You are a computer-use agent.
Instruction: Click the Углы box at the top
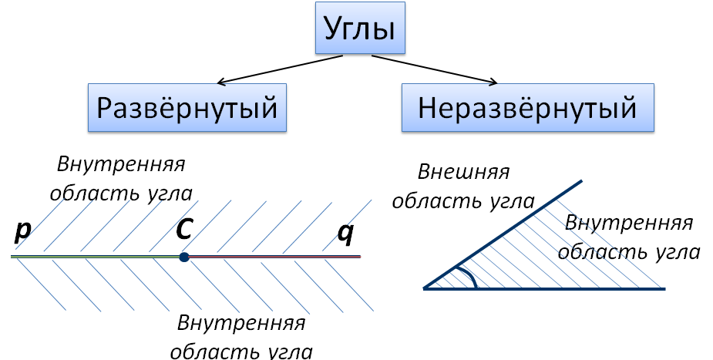coord(360,28)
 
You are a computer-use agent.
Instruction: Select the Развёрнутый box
coord(187,108)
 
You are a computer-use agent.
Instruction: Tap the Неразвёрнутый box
coord(527,108)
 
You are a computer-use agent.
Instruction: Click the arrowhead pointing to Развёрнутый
coord(220,82)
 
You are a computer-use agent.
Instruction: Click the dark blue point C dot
coord(183,257)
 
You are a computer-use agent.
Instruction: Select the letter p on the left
coord(22,231)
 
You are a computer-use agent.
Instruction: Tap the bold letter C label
coord(183,229)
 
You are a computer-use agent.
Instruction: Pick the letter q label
coord(345,234)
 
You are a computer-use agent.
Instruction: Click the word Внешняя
coord(463,172)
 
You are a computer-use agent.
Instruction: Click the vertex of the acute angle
coord(425,288)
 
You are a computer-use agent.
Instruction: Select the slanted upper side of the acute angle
coord(503,234)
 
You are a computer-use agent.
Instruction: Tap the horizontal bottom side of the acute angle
coord(545,288)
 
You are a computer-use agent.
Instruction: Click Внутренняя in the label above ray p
coord(122,164)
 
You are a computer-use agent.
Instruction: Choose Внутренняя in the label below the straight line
coord(241,323)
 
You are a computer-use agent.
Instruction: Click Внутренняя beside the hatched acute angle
coord(629,224)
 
